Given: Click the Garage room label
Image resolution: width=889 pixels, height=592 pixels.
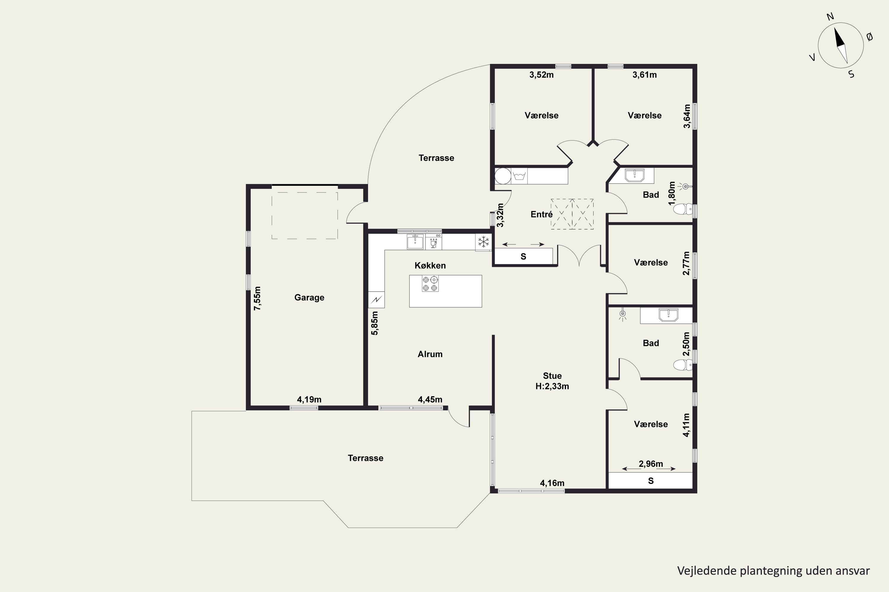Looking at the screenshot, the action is click(309, 297).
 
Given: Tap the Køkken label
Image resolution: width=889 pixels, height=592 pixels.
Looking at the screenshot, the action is click(430, 266).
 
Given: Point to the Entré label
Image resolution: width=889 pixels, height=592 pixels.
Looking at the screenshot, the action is click(542, 214).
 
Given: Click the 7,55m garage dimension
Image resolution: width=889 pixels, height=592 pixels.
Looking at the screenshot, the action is click(258, 299).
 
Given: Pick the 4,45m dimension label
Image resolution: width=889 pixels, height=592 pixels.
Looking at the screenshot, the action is click(430, 399).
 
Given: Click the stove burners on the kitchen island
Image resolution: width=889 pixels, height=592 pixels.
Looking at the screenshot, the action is click(430, 284).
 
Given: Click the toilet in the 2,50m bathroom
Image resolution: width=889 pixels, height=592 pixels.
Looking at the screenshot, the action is click(683, 365).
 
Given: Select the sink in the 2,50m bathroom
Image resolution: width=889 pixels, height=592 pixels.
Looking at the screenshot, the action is click(669, 315).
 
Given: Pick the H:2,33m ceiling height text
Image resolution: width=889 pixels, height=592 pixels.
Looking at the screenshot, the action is click(552, 386).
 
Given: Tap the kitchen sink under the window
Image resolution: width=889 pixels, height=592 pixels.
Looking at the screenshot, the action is click(415, 242).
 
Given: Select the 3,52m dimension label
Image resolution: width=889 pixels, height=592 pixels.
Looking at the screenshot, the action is click(542, 75).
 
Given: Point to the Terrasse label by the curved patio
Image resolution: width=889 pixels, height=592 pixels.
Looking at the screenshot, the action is click(436, 158).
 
